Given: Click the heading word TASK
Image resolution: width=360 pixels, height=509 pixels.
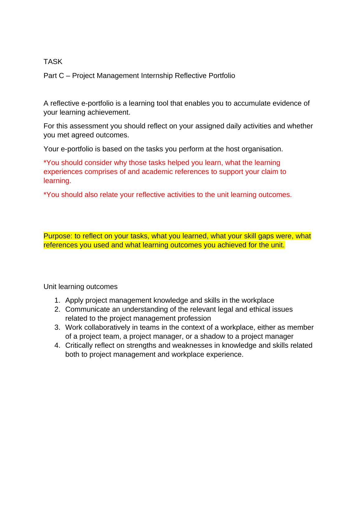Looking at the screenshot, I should click(x=53, y=62).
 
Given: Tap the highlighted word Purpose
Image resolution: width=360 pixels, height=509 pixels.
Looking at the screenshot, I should click(x=58, y=236).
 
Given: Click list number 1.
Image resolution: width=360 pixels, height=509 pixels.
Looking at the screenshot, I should click(x=57, y=300).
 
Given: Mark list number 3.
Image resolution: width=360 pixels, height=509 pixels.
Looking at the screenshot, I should click(x=57, y=327).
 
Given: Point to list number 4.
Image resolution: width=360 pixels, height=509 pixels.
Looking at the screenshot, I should click(x=57, y=345).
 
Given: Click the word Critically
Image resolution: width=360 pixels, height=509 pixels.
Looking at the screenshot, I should click(x=79, y=345).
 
